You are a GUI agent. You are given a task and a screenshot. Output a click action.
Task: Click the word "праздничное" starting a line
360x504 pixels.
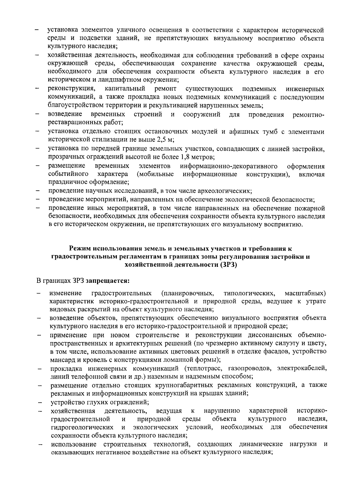[66, 182]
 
